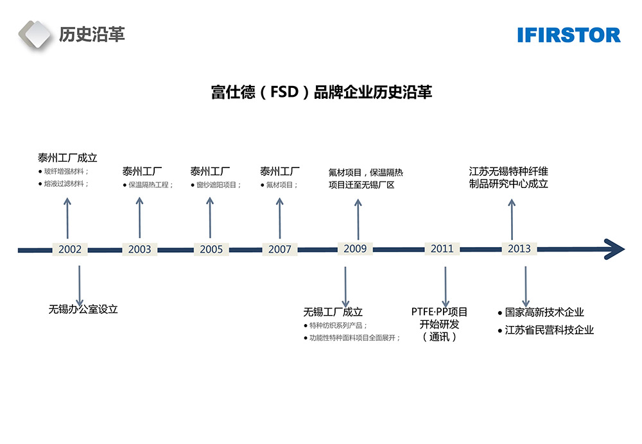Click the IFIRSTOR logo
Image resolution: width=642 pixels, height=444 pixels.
(569, 35)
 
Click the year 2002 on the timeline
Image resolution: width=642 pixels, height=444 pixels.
(70, 250)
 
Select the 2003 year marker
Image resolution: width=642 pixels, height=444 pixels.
(139, 250)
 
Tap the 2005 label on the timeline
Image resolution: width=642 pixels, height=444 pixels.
(211, 250)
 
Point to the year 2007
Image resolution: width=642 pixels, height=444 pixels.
(280, 250)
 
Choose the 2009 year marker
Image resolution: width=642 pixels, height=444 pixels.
(355, 248)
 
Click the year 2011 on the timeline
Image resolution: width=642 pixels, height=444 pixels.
(442, 249)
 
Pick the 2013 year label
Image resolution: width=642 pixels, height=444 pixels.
(519, 249)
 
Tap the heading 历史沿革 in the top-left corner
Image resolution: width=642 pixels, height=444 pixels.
(92, 34)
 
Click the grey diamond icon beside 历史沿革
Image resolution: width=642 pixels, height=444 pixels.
(35, 35)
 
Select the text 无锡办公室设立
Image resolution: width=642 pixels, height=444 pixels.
(83, 309)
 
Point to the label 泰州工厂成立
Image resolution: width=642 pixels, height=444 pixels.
(67, 158)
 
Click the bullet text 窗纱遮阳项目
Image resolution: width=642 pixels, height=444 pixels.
(218, 185)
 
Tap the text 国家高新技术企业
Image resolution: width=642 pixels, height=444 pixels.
(544, 312)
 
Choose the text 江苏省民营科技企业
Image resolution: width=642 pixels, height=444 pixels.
(550, 330)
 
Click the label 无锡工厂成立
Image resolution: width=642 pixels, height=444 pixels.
(333, 312)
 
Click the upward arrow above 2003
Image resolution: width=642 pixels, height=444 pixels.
(139, 218)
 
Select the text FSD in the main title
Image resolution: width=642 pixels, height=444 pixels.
(284, 92)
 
